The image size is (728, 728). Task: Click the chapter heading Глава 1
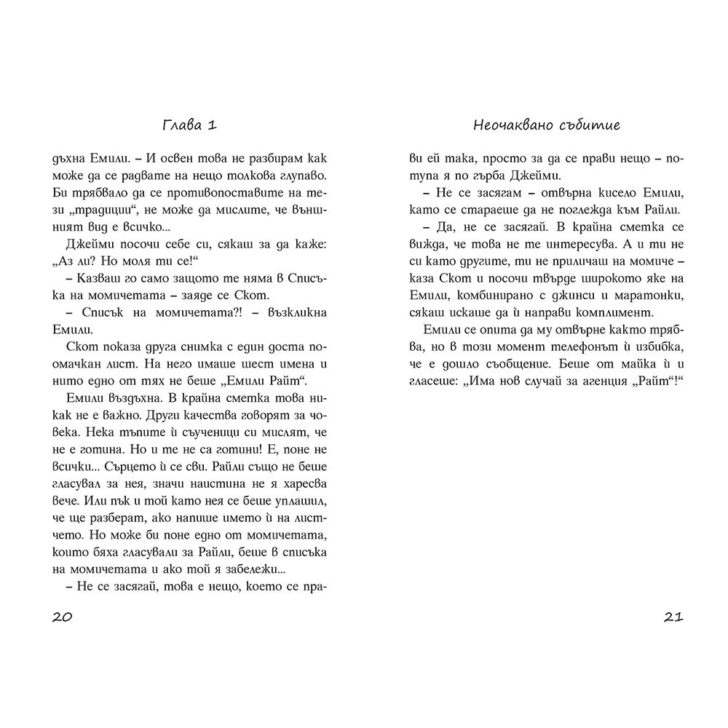pyautogui.click(x=189, y=124)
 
